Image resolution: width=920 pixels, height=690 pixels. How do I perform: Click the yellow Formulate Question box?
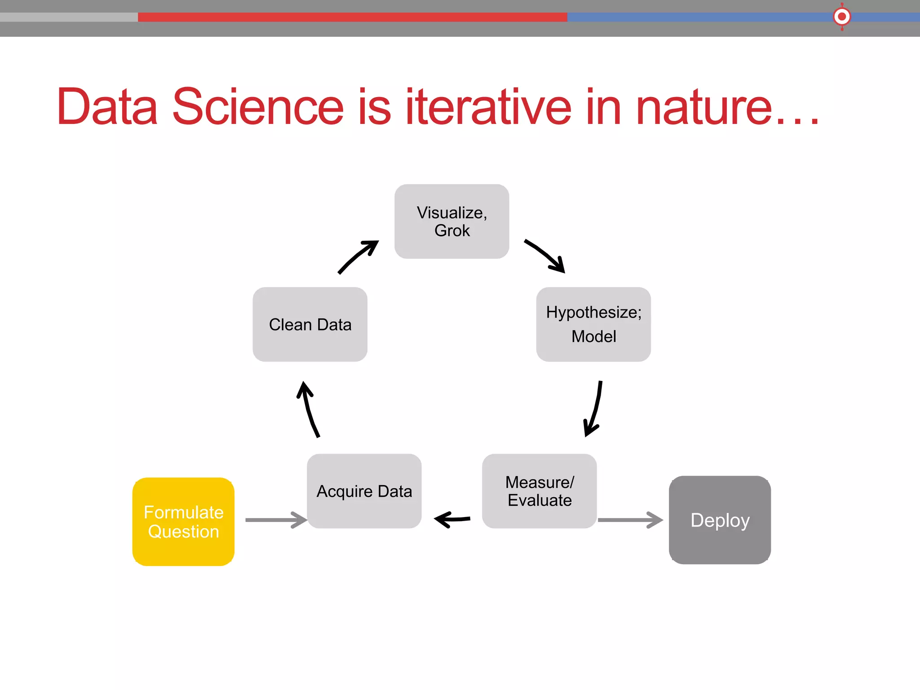(x=183, y=522)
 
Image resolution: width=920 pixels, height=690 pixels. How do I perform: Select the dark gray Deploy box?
(x=720, y=520)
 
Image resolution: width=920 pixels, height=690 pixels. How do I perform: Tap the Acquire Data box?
(x=364, y=491)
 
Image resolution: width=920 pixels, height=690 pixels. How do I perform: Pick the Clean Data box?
(x=310, y=324)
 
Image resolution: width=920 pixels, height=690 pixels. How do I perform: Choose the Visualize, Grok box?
(x=451, y=221)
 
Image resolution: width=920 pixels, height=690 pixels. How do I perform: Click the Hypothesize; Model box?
(x=593, y=324)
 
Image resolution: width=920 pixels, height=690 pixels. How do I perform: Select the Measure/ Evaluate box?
(x=539, y=491)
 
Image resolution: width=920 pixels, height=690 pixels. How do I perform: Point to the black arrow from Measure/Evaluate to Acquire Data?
(x=452, y=519)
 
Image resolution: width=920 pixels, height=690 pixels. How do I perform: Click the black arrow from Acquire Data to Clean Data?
(x=309, y=409)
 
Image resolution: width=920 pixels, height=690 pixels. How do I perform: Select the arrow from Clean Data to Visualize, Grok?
(x=358, y=257)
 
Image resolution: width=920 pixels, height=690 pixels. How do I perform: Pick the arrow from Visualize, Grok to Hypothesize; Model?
(x=545, y=255)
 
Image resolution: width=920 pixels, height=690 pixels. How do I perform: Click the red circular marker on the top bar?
(x=841, y=17)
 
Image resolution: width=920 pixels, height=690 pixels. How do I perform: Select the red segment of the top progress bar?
(x=352, y=17)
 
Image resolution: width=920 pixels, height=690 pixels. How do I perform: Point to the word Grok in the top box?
(x=452, y=231)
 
